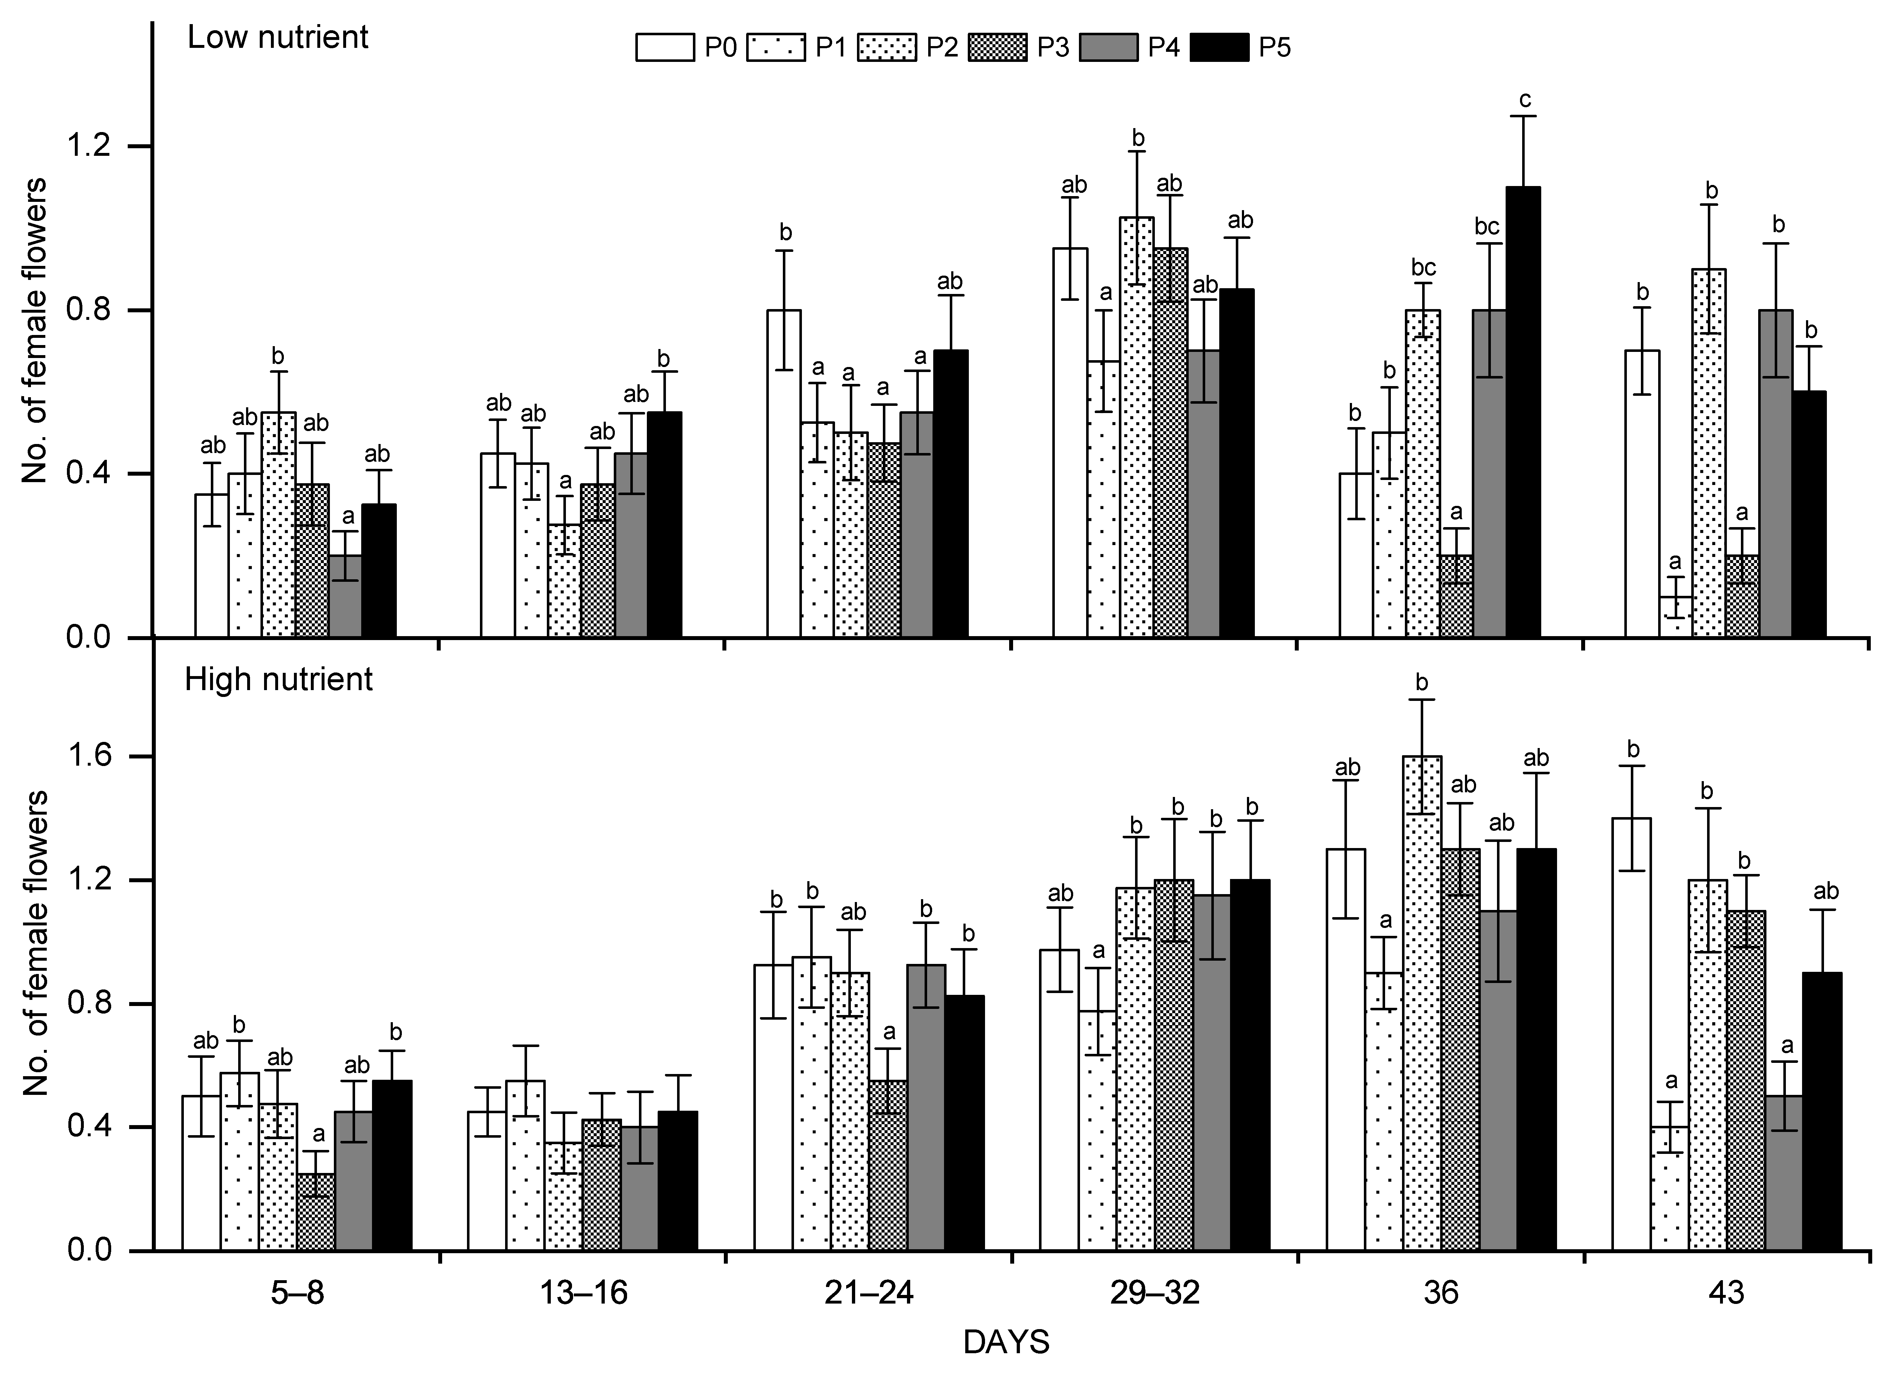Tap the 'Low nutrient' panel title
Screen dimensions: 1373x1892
[x=278, y=37]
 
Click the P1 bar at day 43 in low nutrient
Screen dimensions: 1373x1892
[x=1676, y=617]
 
